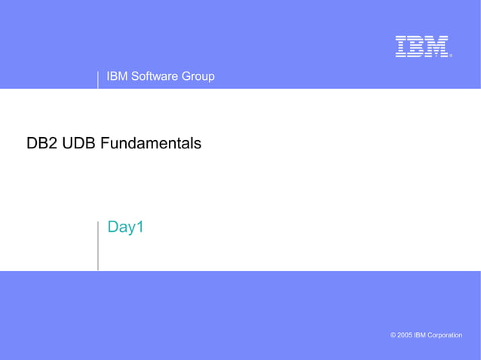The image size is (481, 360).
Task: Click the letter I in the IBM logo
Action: tap(402, 47)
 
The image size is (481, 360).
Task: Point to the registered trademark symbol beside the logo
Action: tap(451, 55)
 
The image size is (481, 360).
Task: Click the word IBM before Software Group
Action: tap(118, 76)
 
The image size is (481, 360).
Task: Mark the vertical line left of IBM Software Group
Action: tap(98, 79)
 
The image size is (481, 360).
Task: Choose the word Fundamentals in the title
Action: tap(151, 142)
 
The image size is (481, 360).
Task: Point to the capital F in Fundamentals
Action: tap(106, 142)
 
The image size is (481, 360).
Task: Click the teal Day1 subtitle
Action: tap(125, 227)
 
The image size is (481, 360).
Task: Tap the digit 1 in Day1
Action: tap(139, 227)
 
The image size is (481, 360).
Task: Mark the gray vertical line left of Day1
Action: tap(98, 245)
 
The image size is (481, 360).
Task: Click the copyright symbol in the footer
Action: tap(393, 334)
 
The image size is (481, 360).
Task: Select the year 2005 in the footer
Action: tap(406, 334)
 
